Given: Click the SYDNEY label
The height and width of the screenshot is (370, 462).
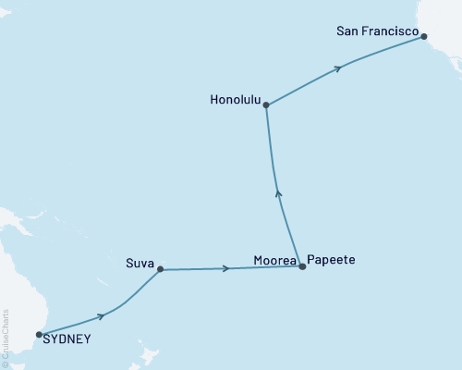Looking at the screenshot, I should [67, 339].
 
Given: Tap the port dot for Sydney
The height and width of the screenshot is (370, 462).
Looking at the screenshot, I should [39, 334].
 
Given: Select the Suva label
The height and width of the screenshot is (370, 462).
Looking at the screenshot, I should [140, 262].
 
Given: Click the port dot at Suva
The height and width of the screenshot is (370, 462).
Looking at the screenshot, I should [161, 270].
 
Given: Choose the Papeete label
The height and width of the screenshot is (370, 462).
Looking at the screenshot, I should [330, 261].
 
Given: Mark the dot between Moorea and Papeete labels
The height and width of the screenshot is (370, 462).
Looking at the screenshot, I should [301, 266].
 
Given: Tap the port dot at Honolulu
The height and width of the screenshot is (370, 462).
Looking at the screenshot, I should [266, 105].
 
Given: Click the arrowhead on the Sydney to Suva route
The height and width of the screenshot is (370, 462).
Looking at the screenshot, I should [101, 316].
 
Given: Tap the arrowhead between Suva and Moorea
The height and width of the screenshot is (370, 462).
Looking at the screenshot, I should [225, 268].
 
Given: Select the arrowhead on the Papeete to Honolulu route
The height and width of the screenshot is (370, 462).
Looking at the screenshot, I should [280, 193].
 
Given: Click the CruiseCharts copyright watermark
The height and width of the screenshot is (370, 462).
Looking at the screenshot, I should [6, 338].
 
